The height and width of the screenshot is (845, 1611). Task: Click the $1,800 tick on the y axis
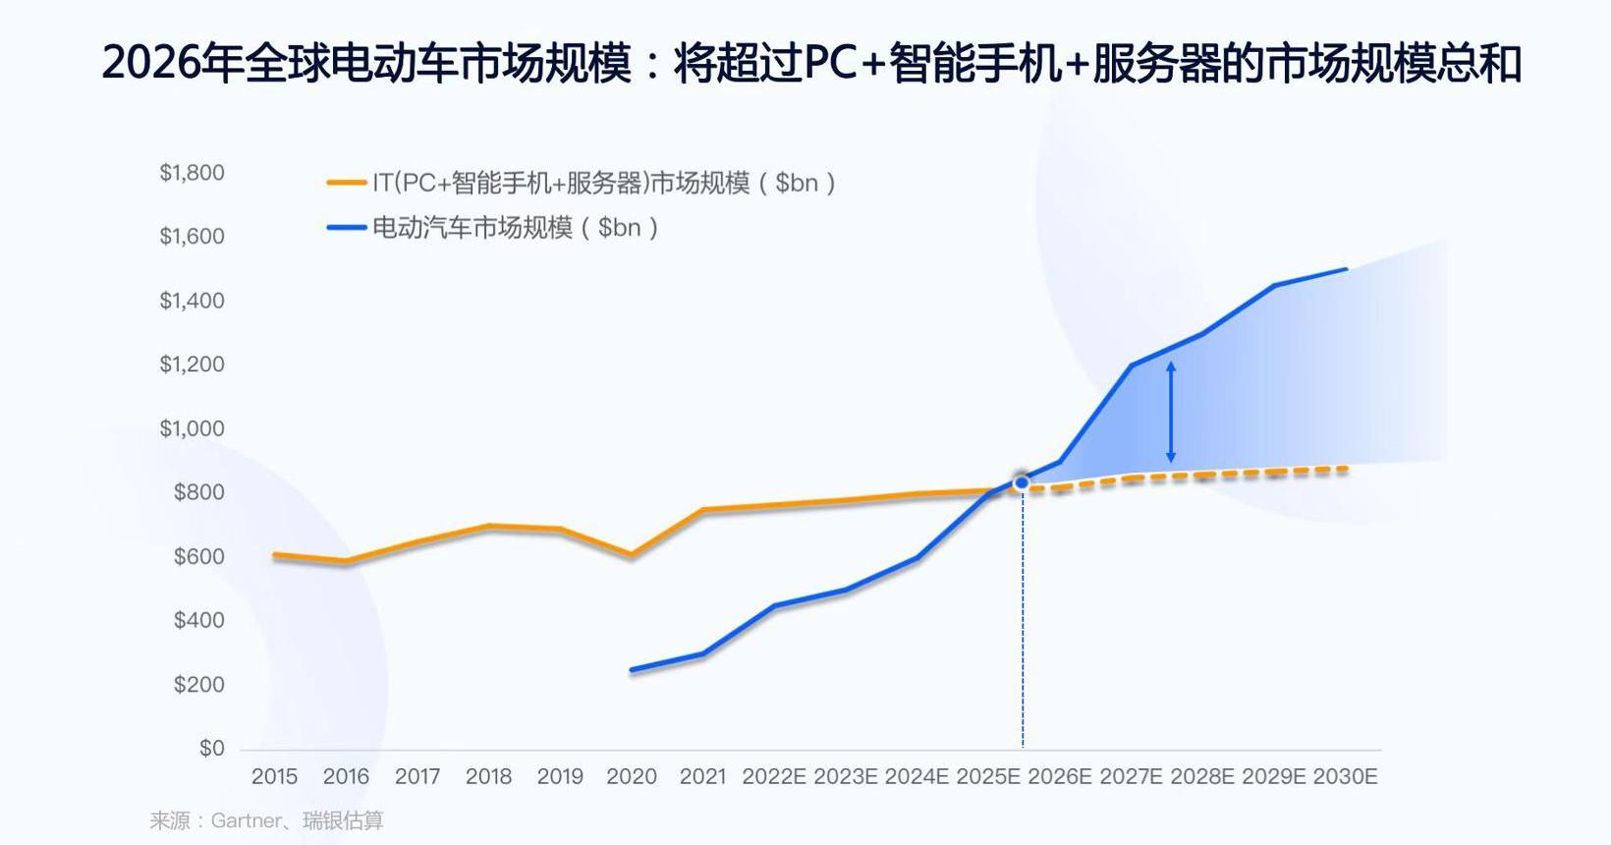(x=193, y=173)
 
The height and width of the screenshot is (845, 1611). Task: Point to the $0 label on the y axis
(x=212, y=749)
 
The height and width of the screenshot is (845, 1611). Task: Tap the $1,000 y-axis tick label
(x=193, y=428)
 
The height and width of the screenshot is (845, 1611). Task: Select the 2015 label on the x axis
(x=274, y=777)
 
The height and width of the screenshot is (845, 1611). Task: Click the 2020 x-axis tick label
(x=632, y=777)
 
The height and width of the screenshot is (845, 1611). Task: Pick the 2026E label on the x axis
(x=1060, y=777)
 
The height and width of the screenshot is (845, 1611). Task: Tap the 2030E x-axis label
(x=1345, y=777)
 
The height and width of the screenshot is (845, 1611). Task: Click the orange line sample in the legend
(x=346, y=183)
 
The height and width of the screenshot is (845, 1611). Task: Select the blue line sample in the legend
(x=346, y=228)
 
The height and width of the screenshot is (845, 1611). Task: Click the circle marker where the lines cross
(x=1022, y=482)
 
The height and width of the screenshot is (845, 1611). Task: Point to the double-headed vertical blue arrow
(x=1170, y=413)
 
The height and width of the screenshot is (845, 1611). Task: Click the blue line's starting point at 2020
(x=632, y=670)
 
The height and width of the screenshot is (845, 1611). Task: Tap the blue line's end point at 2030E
(x=1345, y=268)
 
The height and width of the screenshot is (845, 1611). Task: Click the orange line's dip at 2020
(x=632, y=555)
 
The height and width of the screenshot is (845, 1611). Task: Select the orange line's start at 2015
(x=275, y=555)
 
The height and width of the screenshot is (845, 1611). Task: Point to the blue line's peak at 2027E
(x=1132, y=366)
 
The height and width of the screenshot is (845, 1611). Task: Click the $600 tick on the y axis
(x=199, y=557)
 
